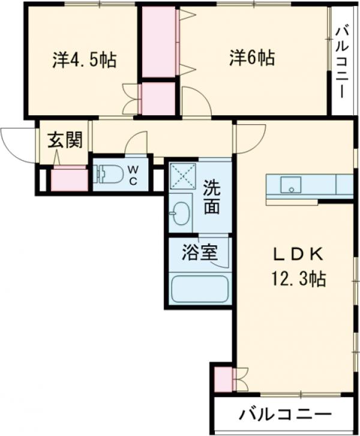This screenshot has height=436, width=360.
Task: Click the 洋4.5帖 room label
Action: click(x=85, y=59)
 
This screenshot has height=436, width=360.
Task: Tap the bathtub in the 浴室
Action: click(x=198, y=289)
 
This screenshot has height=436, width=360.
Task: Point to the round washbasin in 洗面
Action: click(x=181, y=213)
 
